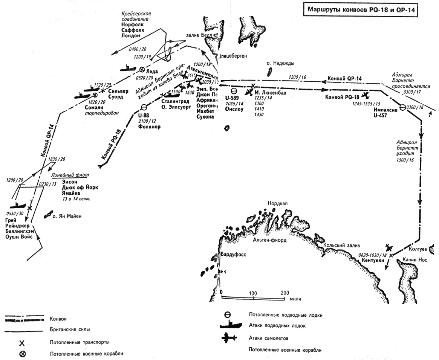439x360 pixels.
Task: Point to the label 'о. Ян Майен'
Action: (67, 216)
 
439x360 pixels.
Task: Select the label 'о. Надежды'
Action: (279, 63)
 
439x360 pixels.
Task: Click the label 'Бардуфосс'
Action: (233, 255)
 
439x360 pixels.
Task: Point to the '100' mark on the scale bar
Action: (253, 293)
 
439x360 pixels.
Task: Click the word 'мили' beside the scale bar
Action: (296, 298)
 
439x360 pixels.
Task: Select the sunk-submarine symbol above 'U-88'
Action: (144, 107)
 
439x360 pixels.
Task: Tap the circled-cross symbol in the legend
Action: (22, 354)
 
